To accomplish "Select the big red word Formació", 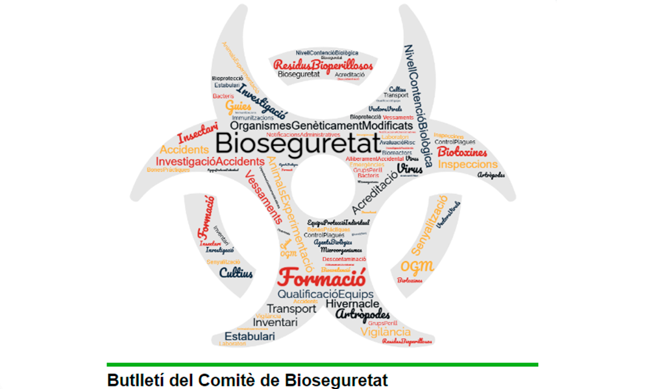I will pos(321,277).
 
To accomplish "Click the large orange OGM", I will pos(417,266).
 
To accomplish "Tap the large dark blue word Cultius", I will pos(236,273).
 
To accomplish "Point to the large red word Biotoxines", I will pos(463,152).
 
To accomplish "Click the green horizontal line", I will pos(322,364).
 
